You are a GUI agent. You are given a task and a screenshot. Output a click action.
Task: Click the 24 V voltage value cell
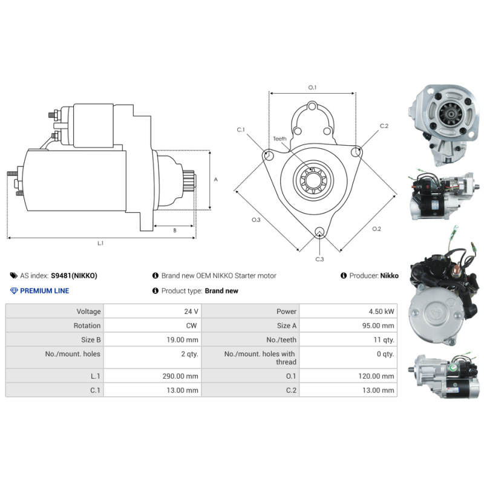[191, 312]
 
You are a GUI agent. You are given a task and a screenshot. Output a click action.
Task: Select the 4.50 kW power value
[381, 312]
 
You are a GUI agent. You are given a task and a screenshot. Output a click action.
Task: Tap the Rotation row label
[87, 325]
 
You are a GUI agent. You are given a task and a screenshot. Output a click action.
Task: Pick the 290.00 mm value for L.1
[180, 376]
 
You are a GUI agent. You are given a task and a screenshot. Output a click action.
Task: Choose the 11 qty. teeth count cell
[384, 340]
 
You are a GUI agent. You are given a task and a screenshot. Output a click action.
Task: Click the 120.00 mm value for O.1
[376, 376]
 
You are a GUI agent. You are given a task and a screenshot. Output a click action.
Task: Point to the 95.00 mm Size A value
[378, 325]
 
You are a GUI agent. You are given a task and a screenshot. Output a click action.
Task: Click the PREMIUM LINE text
[44, 291]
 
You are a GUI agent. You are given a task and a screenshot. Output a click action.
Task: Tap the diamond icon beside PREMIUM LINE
[14, 291]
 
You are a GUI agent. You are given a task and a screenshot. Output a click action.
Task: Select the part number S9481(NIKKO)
[74, 276]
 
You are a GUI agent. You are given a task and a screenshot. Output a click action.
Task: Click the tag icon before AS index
[13, 275]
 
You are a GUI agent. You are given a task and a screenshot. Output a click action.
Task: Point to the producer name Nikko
[389, 276]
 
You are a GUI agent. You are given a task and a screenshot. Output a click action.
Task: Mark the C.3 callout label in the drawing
[319, 260]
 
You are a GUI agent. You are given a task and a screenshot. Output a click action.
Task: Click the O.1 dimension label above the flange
[312, 88]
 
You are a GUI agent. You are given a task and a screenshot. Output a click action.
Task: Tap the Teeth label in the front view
[280, 139]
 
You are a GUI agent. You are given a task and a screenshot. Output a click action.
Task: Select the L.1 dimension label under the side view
[100, 243]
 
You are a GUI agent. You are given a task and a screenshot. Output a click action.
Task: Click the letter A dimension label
[216, 179]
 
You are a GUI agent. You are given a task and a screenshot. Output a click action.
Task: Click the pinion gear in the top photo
[451, 114]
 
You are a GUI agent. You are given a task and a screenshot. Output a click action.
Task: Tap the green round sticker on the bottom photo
[453, 368]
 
